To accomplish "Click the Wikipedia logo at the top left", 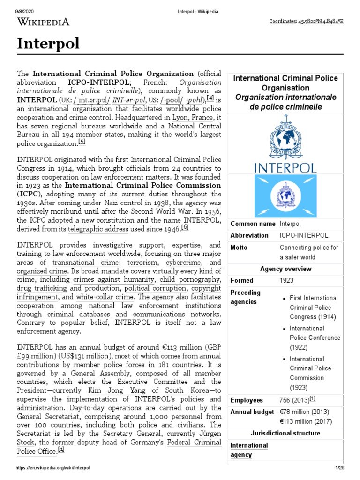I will tap(43, 22).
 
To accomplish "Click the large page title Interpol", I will tap(48, 44).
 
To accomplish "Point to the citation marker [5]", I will tap(82, 142).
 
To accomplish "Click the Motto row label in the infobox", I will tap(239, 247).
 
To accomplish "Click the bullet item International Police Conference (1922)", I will tap(314, 337).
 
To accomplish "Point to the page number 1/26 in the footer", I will tap(339, 468).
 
